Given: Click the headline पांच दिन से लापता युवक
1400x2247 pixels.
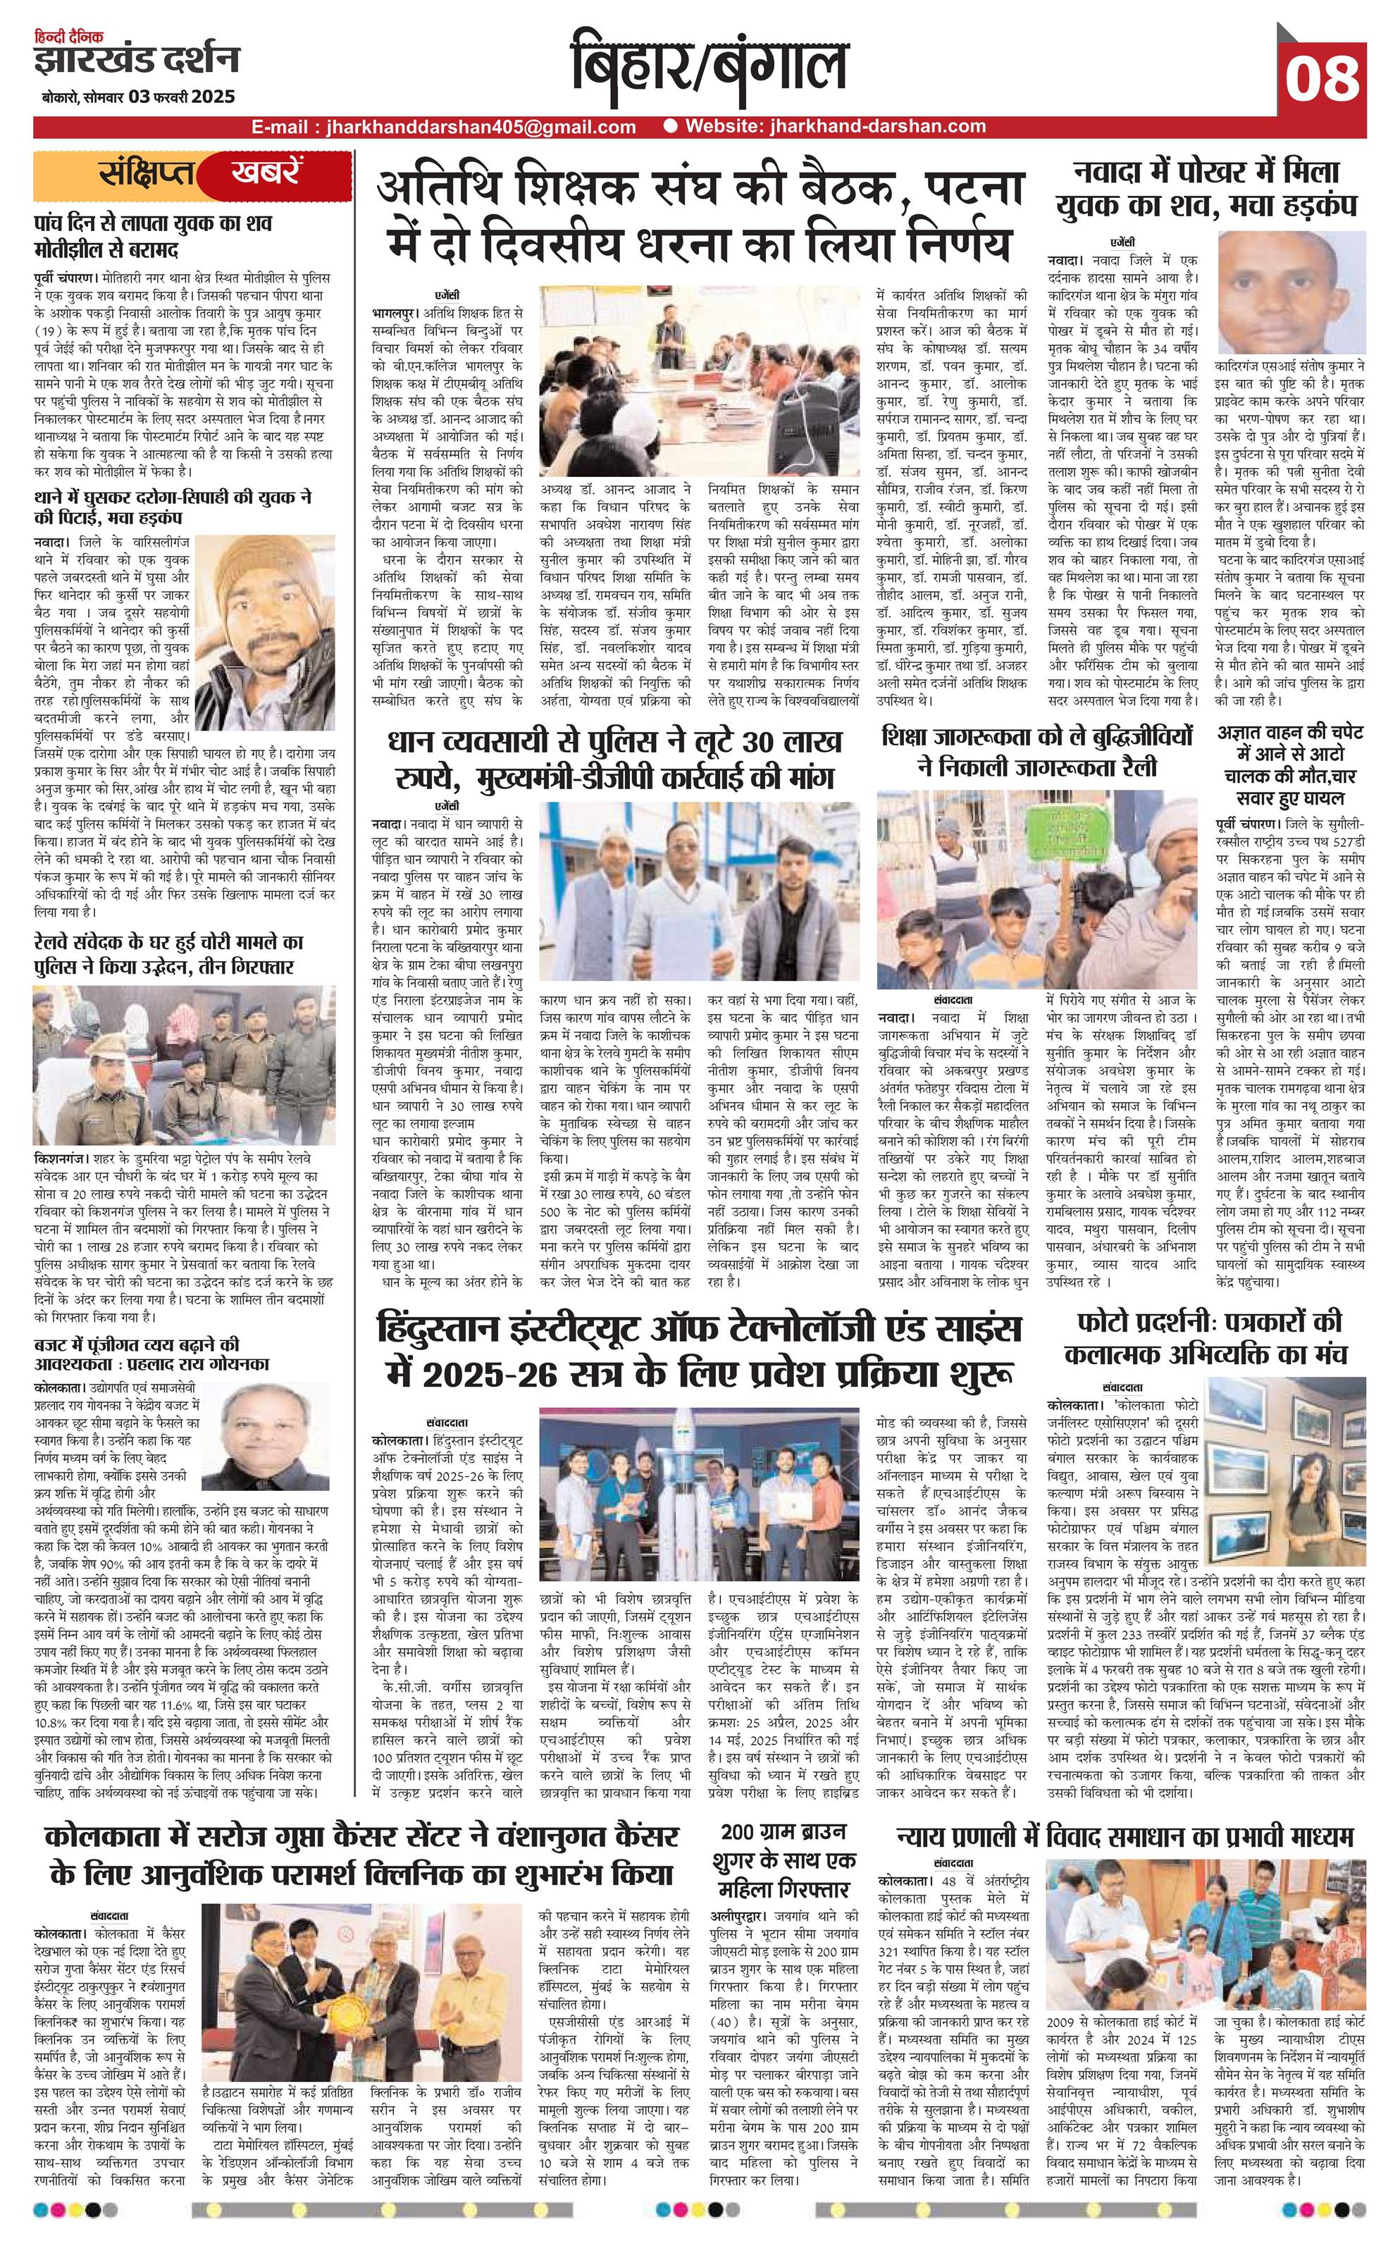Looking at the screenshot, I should pos(152,236).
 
